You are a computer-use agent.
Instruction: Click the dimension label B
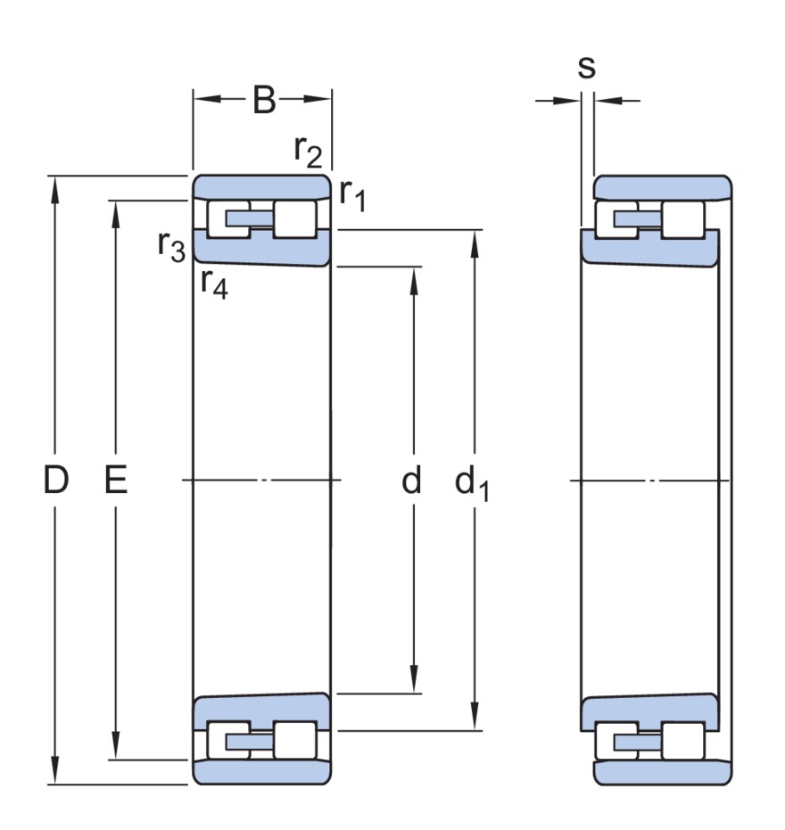click(x=264, y=100)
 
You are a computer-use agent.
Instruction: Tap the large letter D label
click(x=56, y=481)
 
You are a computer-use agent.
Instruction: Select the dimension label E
click(x=116, y=481)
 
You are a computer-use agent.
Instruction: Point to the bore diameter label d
click(x=410, y=481)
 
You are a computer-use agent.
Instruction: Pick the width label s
click(x=586, y=69)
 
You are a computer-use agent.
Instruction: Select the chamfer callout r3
click(x=170, y=245)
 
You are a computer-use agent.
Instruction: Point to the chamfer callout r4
click(x=213, y=284)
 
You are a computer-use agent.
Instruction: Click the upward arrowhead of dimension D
click(x=56, y=189)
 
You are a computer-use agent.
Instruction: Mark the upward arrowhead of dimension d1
click(x=474, y=242)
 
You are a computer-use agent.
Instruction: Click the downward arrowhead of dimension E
click(x=116, y=747)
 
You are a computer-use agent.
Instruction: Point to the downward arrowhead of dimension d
click(x=415, y=680)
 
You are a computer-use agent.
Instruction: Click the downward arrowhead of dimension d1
click(x=474, y=719)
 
